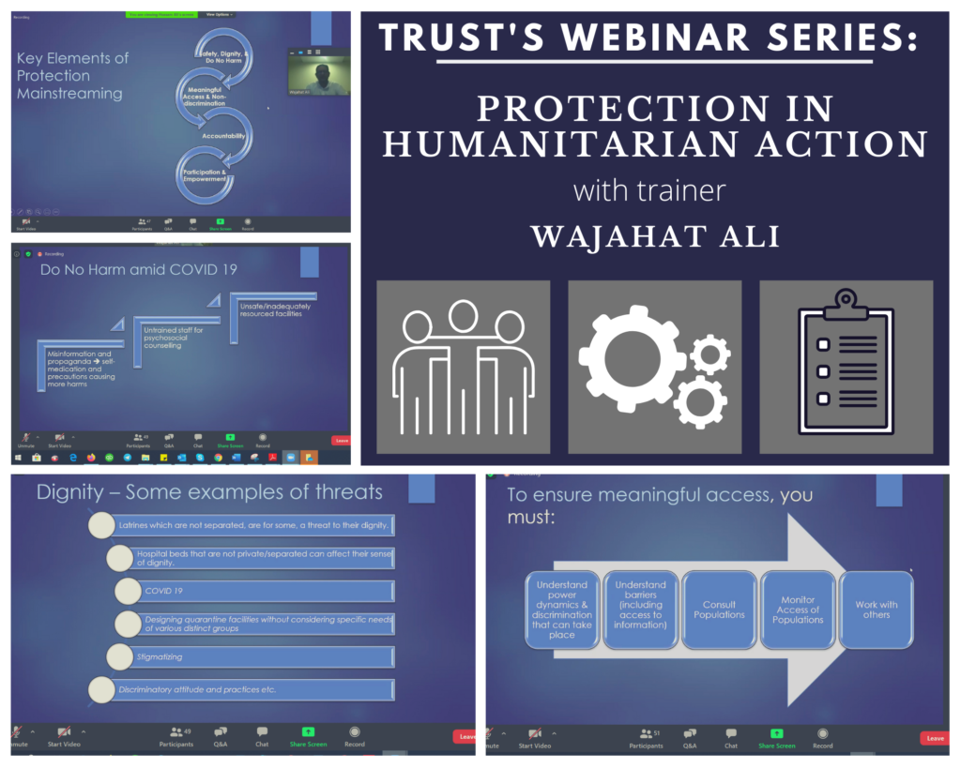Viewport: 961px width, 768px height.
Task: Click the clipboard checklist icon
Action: [846, 364]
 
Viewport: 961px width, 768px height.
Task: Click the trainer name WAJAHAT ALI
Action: [654, 235]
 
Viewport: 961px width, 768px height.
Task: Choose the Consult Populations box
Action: [719, 610]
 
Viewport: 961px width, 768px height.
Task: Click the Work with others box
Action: [876, 610]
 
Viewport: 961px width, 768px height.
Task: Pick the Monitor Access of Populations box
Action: [798, 610]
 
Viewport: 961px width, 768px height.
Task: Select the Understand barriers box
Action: [640, 610]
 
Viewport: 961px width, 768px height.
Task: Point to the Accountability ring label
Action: [223, 136]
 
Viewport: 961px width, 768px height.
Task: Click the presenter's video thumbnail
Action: [318, 72]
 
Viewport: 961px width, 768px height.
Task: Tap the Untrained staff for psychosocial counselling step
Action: [174, 336]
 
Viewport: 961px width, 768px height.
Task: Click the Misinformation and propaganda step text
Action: [83, 369]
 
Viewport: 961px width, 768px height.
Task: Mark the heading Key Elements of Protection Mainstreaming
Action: [72, 76]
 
